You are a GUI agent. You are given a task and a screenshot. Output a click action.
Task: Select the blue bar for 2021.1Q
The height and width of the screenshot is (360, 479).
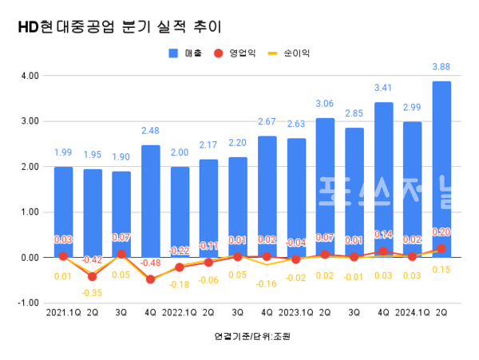[63, 212]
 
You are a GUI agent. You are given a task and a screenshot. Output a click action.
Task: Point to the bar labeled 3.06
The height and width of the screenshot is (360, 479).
[325, 188]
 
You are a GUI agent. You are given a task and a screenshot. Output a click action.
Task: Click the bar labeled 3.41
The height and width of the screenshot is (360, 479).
[383, 180]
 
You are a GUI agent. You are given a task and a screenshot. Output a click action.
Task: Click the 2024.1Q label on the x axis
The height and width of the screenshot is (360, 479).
[412, 314]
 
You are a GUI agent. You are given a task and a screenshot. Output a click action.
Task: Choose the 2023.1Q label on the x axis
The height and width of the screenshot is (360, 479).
[295, 314]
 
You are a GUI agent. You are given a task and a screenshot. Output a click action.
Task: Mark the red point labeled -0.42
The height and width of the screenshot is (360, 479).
[93, 277]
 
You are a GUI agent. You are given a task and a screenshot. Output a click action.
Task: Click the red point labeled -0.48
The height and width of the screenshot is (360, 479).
[150, 279]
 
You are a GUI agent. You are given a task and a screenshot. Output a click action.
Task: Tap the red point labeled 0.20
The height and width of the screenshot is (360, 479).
[441, 248]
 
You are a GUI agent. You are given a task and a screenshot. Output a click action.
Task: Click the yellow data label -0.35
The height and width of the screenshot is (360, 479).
[93, 293]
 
